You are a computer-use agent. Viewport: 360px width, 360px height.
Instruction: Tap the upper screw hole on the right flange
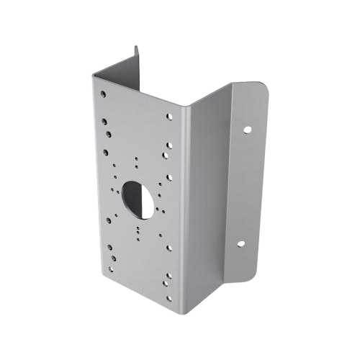click(x=247, y=130)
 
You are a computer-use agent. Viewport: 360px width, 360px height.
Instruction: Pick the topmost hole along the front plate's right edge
click(x=170, y=114)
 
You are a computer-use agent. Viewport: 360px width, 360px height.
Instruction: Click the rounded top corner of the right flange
click(x=264, y=91)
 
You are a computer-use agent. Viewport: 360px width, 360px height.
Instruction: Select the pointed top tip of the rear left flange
click(x=137, y=47)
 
